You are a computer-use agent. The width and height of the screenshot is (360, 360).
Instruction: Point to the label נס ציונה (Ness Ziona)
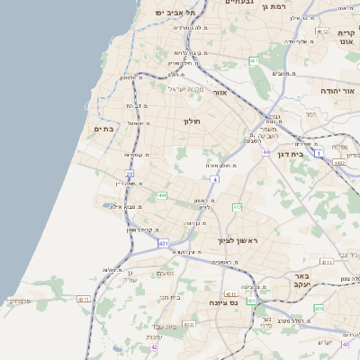pyautogui.click(x=221, y=303)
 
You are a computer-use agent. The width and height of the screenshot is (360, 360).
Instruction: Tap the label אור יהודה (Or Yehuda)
pyautogui.click(x=338, y=91)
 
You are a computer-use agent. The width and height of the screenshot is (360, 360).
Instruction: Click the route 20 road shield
pyautogui.click(x=130, y=173)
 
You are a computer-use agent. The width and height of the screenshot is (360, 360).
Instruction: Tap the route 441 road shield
pyautogui.click(x=161, y=194)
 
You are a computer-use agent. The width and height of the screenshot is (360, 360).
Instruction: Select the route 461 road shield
pyautogui.click(x=254, y=61)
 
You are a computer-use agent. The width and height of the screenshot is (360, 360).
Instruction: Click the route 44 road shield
pyautogui.click(x=266, y=152)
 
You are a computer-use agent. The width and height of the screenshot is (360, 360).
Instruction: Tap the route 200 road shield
pyautogui.click(x=319, y=309)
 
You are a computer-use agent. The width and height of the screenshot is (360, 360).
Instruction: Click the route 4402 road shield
pyautogui.click(x=338, y=163)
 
